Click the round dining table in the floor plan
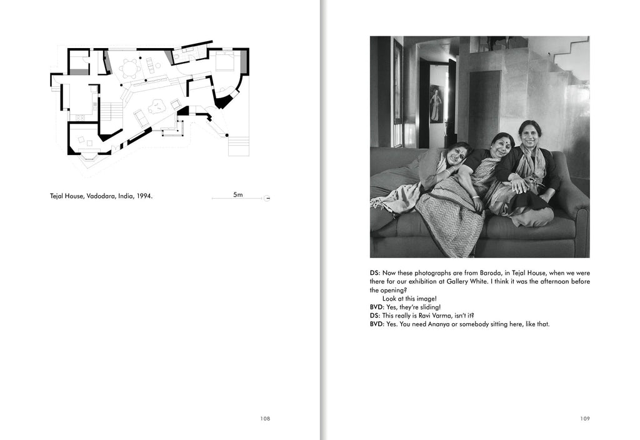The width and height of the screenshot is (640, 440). click(131, 67)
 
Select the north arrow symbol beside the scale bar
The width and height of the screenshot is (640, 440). click(267, 198)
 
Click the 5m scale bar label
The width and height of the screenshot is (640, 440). click(237, 194)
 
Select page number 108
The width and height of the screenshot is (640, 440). click(265, 419)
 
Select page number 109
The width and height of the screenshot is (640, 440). click(584, 419)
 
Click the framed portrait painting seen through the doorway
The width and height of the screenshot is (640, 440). click(436, 103)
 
